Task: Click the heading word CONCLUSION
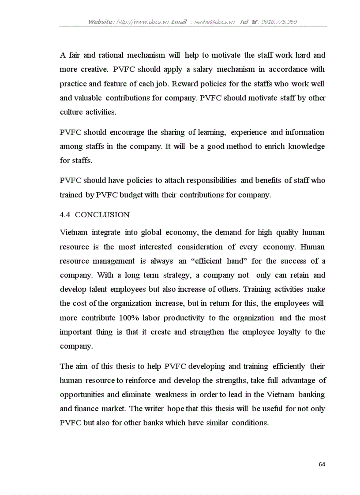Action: tap(102, 215)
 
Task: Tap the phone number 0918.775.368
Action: tap(279, 22)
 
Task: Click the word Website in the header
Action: tap(100, 22)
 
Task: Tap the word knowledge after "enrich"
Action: tap(306, 146)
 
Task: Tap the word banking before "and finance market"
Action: tap(311, 395)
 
